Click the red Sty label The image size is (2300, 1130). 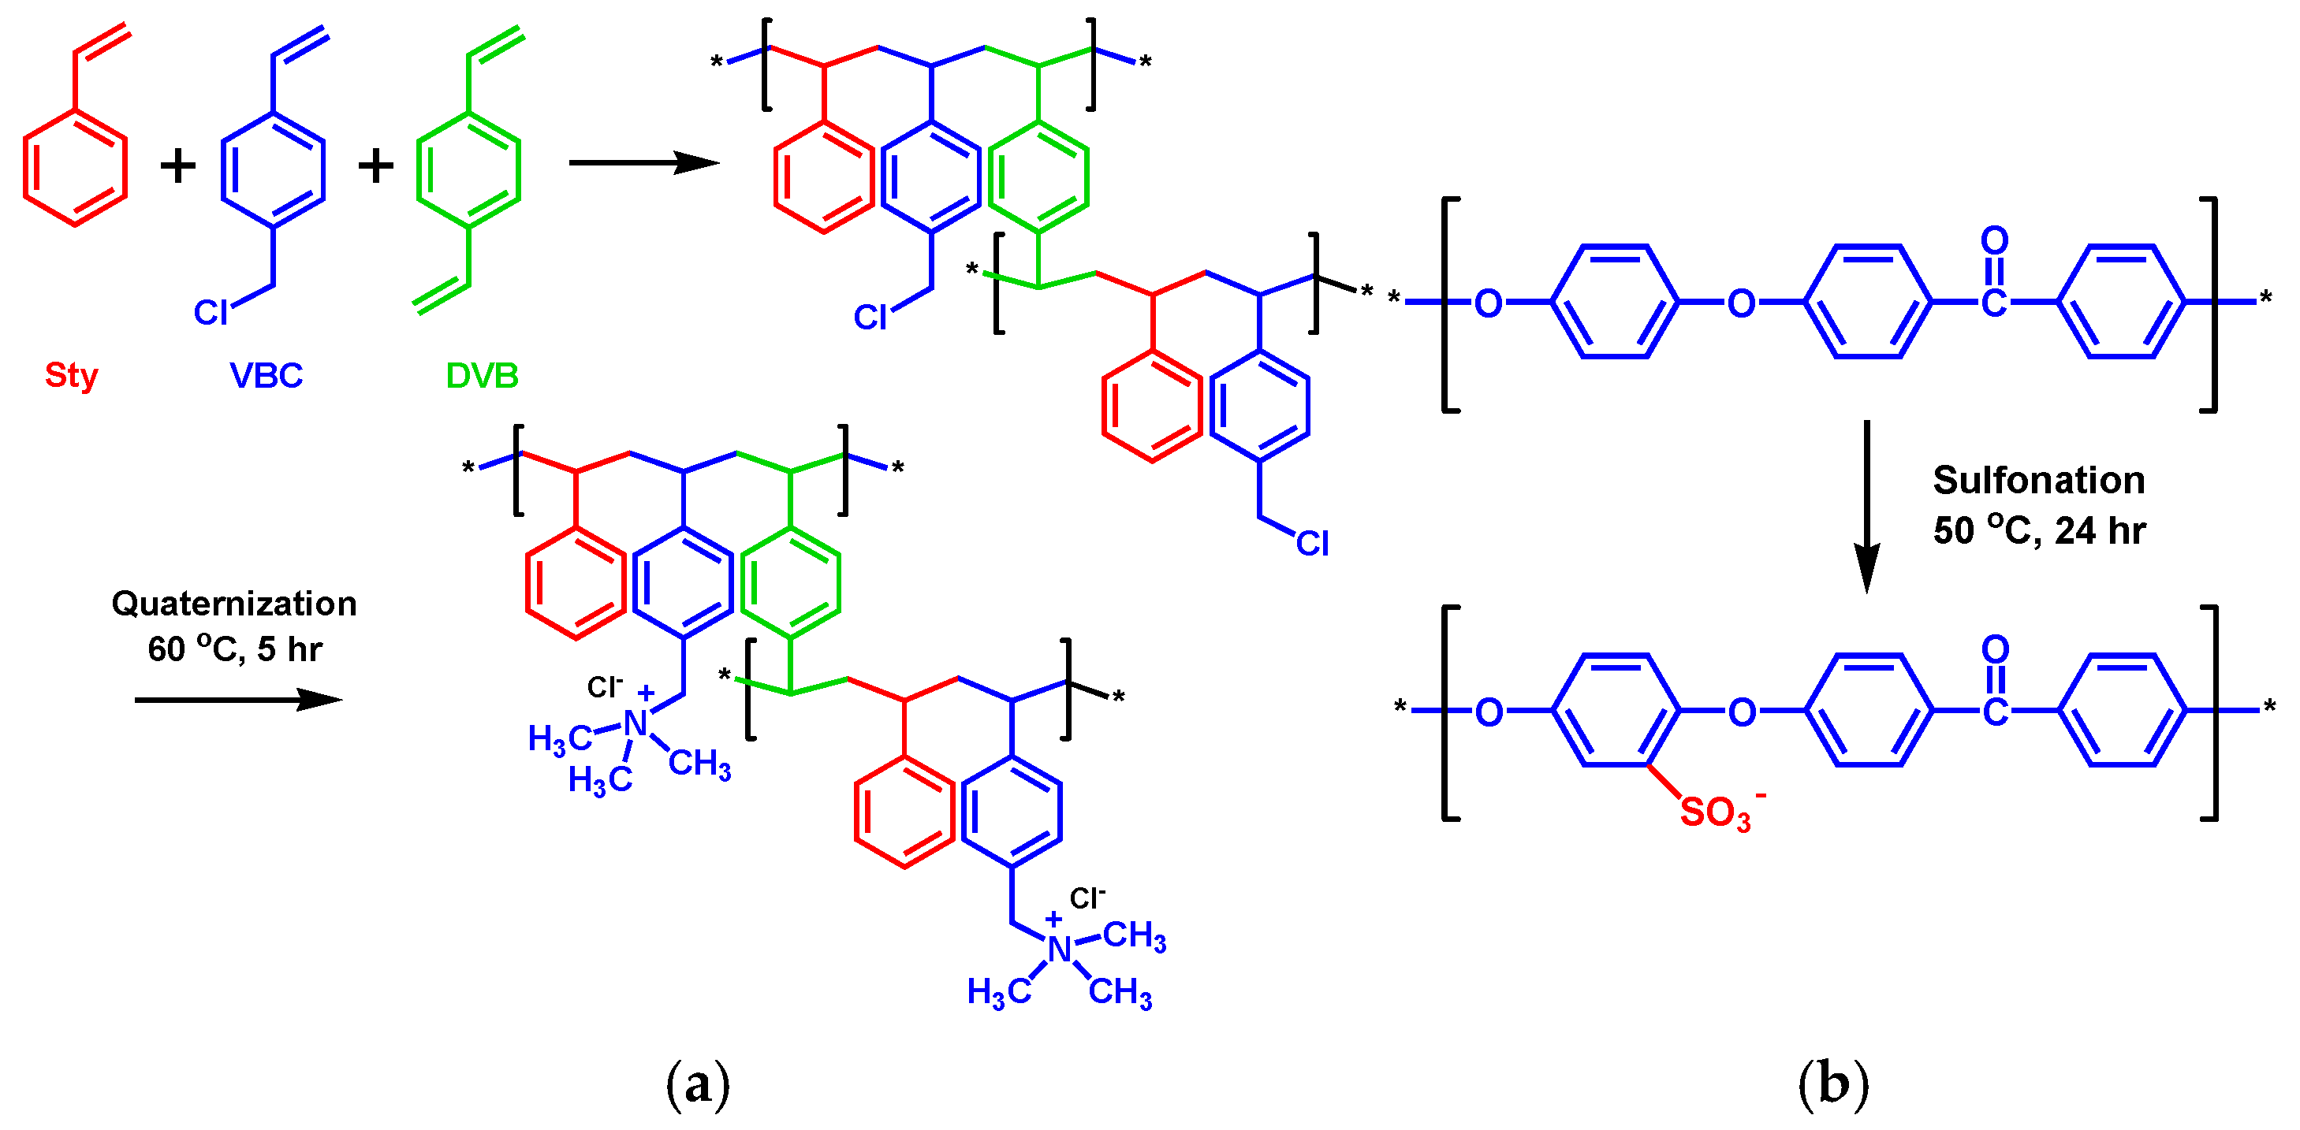click(x=72, y=375)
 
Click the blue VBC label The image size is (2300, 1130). click(x=266, y=375)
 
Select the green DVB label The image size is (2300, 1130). click(x=482, y=375)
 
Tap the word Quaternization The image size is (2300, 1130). click(x=234, y=604)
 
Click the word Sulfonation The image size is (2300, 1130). click(x=2038, y=480)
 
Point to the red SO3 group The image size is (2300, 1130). click(x=1715, y=813)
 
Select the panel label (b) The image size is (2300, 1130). click(x=1833, y=1084)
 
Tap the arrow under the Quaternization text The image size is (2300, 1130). click(x=237, y=700)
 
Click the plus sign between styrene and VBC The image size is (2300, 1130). click(x=177, y=166)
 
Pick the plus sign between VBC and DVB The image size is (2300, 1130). click(x=376, y=166)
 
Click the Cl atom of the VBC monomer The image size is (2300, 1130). click(x=211, y=312)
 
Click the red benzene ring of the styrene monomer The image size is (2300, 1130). click(x=75, y=168)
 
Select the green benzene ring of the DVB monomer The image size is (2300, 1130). click(x=468, y=169)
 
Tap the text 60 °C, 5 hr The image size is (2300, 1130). click(x=234, y=649)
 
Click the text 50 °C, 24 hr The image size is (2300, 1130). click(x=2038, y=531)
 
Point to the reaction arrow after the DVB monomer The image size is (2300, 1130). click(x=643, y=162)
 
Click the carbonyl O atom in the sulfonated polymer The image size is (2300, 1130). click(x=1995, y=649)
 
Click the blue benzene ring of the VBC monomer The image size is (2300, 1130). click(x=272, y=169)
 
